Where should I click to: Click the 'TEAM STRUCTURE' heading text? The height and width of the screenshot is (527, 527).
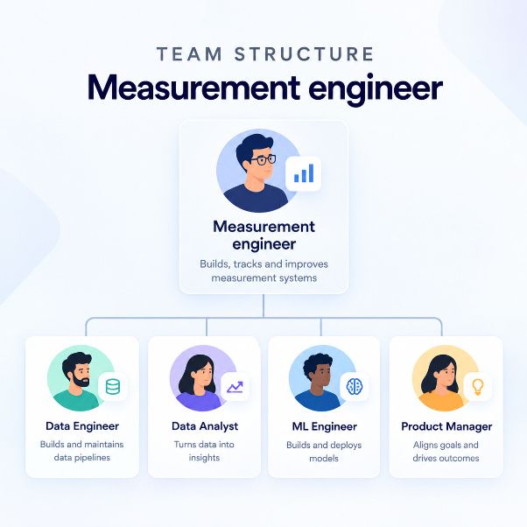[x=265, y=54]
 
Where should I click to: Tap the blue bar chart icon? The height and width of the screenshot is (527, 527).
[x=304, y=173]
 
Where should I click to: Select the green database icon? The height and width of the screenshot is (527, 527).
[x=113, y=387]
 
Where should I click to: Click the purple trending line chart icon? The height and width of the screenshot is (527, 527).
[x=235, y=387]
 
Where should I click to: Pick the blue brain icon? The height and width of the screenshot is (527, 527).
[x=355, y=386]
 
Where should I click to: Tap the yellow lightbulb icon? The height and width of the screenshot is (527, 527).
[x=478, y=387]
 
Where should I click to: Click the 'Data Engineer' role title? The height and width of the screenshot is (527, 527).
[x=82, y=426]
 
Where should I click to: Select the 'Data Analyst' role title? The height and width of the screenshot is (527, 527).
[x=205, y=426]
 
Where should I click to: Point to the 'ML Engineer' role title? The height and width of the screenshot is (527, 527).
[x=324, y=426]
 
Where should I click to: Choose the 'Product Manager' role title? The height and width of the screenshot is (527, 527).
[x=446, y=426]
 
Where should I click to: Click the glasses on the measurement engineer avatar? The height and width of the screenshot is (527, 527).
[x=263, y=159]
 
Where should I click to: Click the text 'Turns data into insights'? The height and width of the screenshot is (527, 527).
[x=204, y=451]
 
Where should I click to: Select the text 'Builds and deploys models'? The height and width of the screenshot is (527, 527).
[x=324, y=452]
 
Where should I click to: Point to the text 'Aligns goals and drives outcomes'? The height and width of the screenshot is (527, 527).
[x=446, y=452]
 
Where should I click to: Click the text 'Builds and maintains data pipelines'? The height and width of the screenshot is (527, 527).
[x=82, y=451]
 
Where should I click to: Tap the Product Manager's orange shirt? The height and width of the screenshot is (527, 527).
[x=441, y=401]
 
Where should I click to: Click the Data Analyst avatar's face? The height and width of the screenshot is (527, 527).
[x=204, y=373]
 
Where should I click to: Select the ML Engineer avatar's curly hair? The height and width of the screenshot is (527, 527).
[x=317, y=363]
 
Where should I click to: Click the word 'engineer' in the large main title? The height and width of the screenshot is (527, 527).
[x=376, y=88]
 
